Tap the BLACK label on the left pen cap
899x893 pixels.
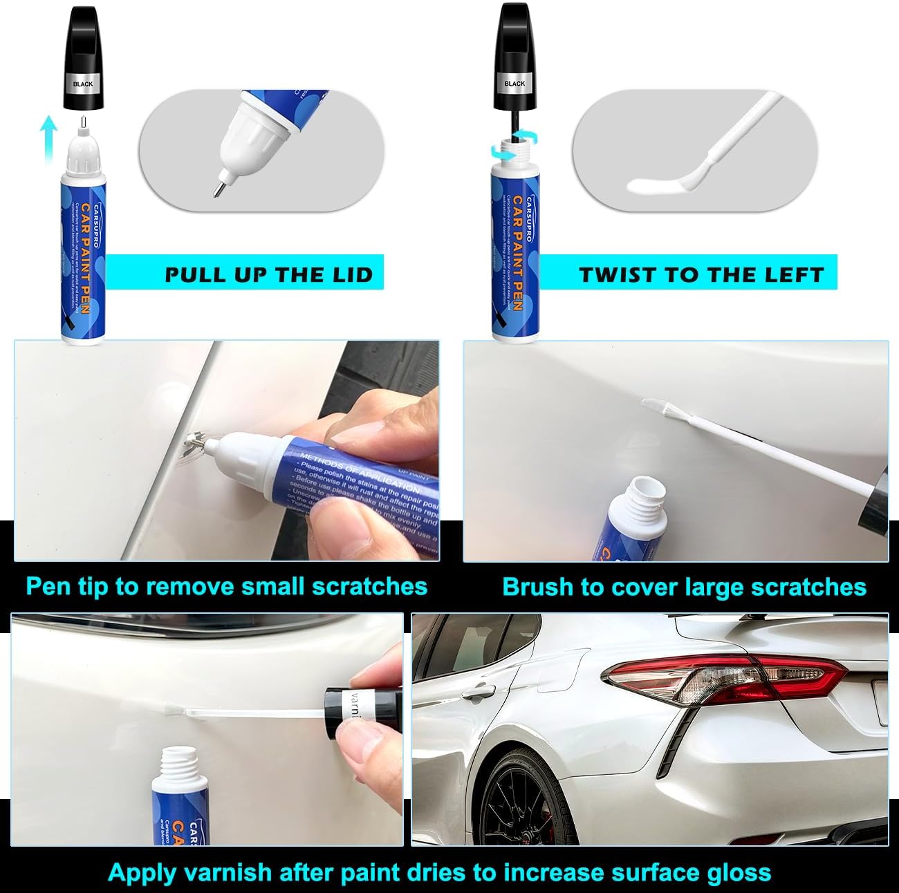tap(83, 84)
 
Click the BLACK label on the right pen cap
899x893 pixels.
tap(515, 83)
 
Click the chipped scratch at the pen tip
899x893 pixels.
tap(194, 442)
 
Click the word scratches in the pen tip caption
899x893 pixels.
tap(369, 586)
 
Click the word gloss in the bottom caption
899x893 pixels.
tap(739, 872)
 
